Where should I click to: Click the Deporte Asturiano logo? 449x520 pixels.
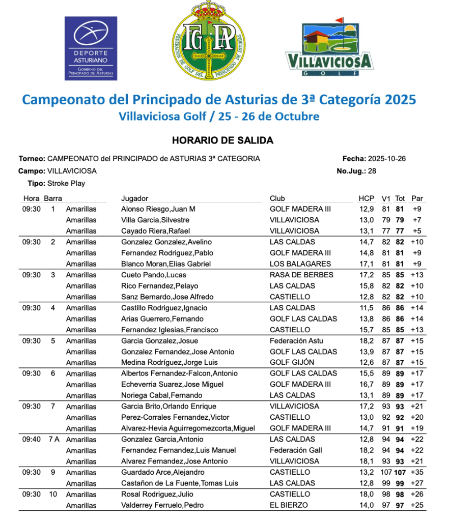[91, 48]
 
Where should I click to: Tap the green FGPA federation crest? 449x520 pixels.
[208, 41]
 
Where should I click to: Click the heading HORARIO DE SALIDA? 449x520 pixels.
[222, 140]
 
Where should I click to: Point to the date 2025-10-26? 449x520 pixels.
[388, 159]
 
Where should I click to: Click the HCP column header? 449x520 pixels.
[366, 198]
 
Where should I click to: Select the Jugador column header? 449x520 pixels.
[134, 198]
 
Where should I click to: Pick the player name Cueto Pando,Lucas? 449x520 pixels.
[147, 275]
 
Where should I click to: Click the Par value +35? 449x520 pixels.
[417, 472]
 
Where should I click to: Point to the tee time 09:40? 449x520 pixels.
[31, 439]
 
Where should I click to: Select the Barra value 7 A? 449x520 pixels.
[53, 439]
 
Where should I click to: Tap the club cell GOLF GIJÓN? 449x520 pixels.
[292, 362]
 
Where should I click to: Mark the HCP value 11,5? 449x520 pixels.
[366, 308]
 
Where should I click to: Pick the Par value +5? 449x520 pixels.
[417, 231]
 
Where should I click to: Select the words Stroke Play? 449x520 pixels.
[66, 183]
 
